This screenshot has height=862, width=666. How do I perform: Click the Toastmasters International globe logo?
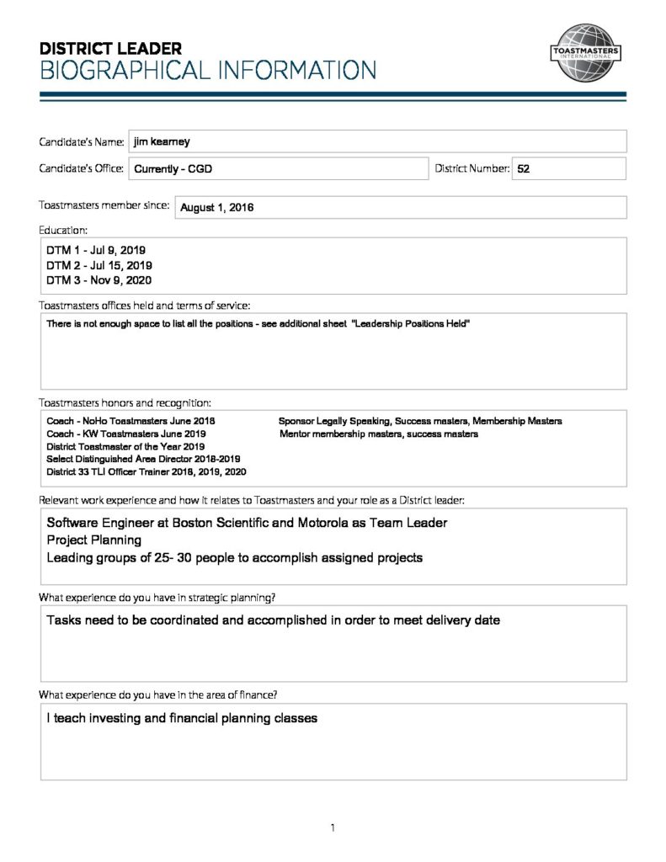coord(585,53)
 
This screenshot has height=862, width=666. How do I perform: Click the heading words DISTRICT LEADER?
coord(110,49)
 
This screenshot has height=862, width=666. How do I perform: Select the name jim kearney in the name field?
coord(162,141)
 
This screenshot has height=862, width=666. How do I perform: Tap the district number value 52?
coord(523,168)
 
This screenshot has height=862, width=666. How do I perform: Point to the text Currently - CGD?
coord(173,169)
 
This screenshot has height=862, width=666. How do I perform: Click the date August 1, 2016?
coord(216,208)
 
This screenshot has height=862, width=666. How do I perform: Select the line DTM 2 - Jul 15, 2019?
coord(99,266)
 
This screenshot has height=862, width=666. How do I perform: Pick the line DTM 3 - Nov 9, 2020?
coord(99,280)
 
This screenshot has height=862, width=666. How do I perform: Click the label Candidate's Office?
coord(82,168)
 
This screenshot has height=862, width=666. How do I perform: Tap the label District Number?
coord(472,168)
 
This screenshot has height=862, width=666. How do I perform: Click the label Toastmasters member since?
coord(104,205)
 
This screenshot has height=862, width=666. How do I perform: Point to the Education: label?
coord(63,229)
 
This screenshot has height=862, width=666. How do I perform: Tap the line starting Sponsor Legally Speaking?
coord(419,421)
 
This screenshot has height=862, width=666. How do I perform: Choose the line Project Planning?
coord(93,540)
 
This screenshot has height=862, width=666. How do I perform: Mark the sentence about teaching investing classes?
coord(181,718)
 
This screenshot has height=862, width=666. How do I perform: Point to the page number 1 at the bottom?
coord(333,828)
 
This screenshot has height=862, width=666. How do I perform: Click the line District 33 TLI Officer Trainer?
coord(146,472)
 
